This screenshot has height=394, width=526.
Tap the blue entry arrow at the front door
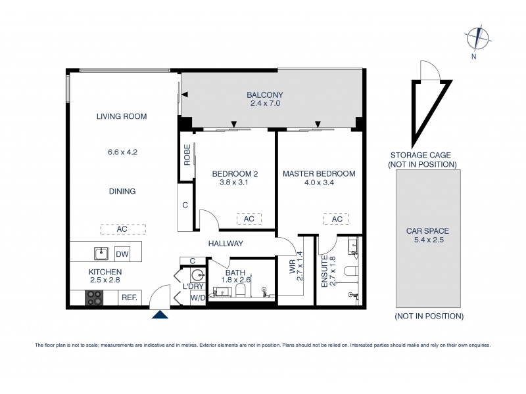tap(160, 316)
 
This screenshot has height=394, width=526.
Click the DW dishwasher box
tap(122, 253)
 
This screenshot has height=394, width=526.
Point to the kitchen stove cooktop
tap(95, 297)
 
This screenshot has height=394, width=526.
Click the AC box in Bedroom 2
tap(249, 219)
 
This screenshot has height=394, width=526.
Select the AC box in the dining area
tap(122, 229)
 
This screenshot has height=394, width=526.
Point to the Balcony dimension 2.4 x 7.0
tap(265, 104)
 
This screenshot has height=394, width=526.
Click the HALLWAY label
tap(226, 244)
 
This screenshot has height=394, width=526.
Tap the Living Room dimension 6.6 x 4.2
tap(122, 152)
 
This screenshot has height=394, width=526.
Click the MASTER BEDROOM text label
tap(319, 174)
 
